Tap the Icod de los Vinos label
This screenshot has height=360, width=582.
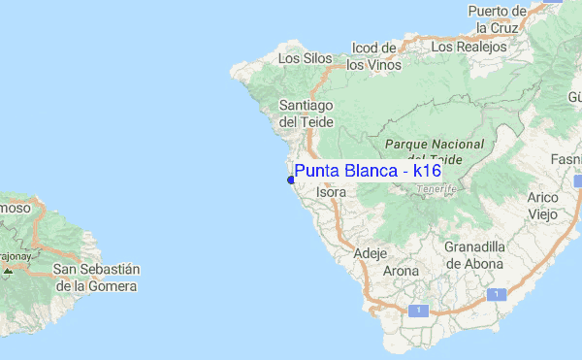373,56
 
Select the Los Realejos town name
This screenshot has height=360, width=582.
469,46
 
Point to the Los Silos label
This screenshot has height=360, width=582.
305,58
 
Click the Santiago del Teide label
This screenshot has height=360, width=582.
306,113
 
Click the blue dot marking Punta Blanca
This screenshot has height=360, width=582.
291,180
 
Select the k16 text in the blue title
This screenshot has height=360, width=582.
427,171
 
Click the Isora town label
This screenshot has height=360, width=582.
331,192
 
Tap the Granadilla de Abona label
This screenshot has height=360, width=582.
473,254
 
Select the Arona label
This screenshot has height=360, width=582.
401,272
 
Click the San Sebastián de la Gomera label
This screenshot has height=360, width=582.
97,277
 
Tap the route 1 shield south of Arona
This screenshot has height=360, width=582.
418,310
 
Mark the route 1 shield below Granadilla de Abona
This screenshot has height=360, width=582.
497,293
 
